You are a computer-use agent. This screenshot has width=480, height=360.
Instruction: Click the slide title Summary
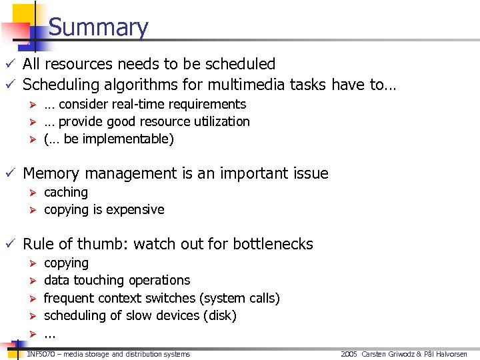[x=98, y=27]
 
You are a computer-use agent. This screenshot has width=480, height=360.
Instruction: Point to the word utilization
[x=221, y=121]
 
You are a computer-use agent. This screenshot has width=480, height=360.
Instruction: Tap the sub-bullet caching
[x=66, y=192]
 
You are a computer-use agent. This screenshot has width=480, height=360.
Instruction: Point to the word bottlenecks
[x=273, y=244]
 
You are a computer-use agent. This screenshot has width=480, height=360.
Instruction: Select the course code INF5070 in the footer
[x=42, y=354]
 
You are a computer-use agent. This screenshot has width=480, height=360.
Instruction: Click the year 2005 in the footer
[x=349, y=354]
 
